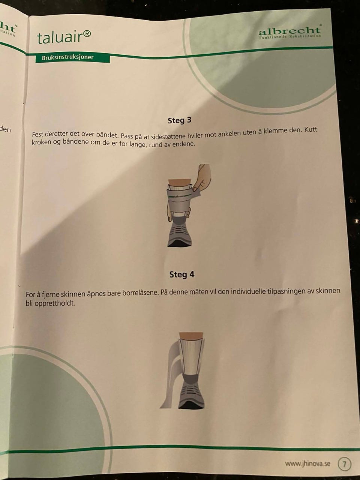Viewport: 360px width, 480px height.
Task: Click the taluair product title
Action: pos(64,37)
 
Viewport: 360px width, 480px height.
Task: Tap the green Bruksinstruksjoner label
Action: pos(73,58)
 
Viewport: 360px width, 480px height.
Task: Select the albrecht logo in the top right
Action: pos(290,32)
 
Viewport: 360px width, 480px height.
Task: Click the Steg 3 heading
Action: pos(180,120)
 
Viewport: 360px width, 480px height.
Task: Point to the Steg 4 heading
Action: pos(182,274)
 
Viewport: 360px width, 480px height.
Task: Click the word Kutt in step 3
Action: pos(310,130)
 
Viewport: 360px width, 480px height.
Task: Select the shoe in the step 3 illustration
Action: pos(180,233)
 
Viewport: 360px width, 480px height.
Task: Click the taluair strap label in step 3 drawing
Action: pos(180,197)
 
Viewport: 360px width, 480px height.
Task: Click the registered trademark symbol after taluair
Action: pos(87,34)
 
